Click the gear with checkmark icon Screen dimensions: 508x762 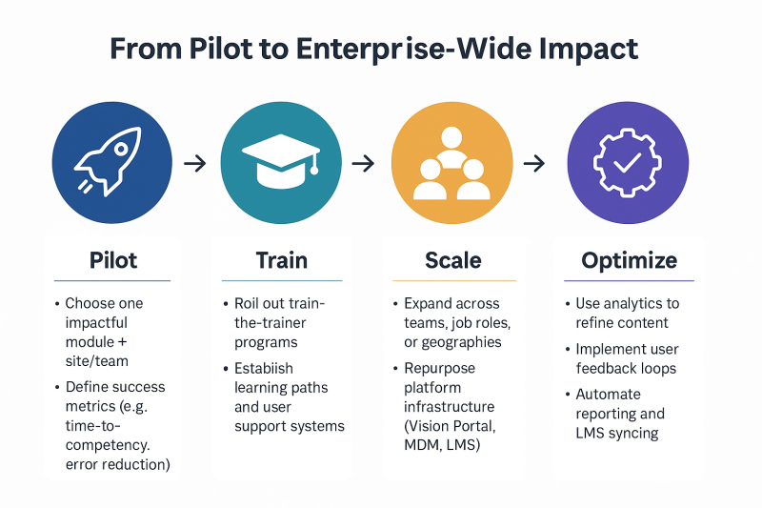click(x=627, y=163)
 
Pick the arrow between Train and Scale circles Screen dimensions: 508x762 click(x=363, y=164)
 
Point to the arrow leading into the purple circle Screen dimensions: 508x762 click(x=534, y=164)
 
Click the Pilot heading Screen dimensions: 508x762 click(x=112, y=260)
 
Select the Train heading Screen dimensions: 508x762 click(x=281, y=260)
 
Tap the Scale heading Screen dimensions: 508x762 click(x=453, y=260)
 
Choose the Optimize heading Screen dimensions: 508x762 click(x=630, y=260)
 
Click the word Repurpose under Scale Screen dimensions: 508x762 click(x=439, y=368)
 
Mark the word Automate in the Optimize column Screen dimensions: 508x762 click(x=608, y=395)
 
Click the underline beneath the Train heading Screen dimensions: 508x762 click(x=282, y=280)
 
